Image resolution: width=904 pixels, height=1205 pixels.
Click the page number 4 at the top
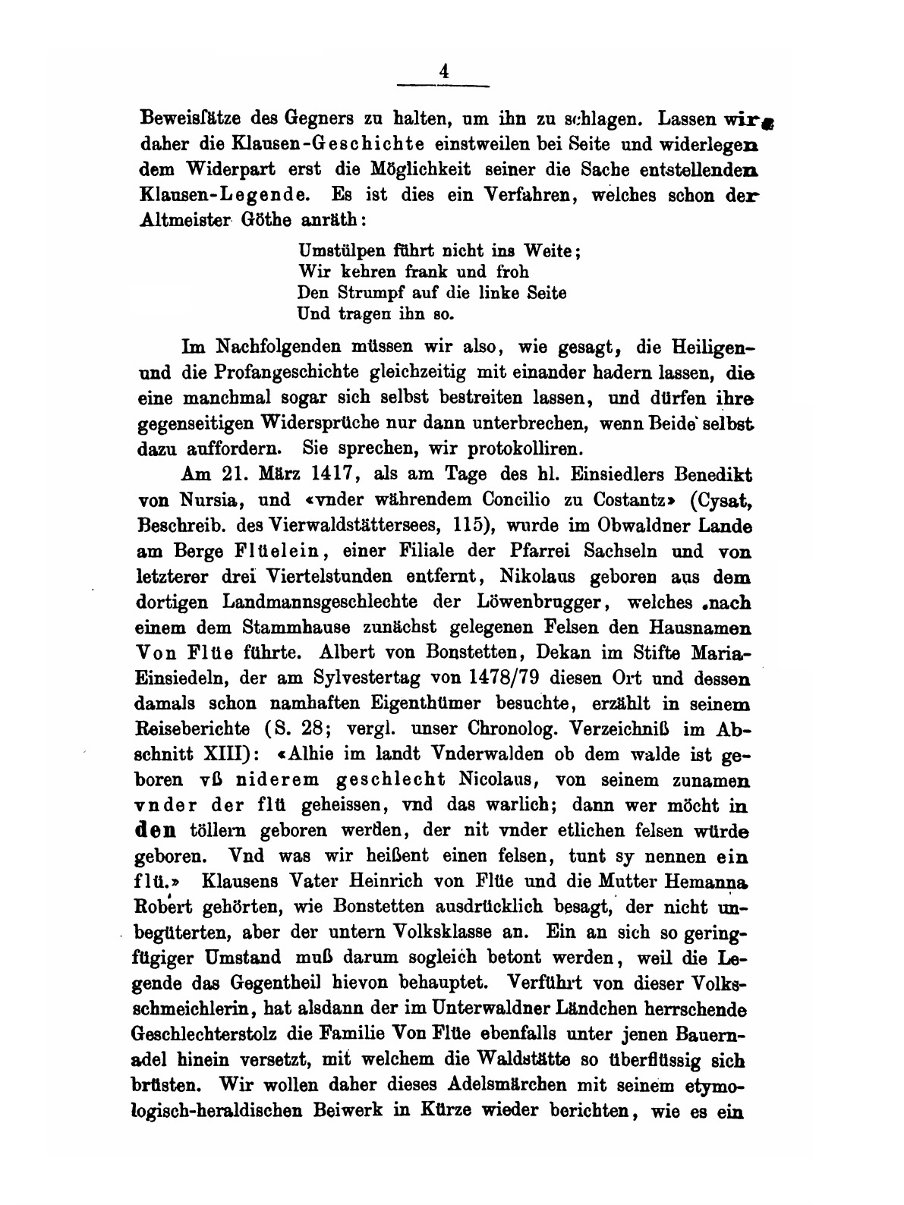[445, 71]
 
